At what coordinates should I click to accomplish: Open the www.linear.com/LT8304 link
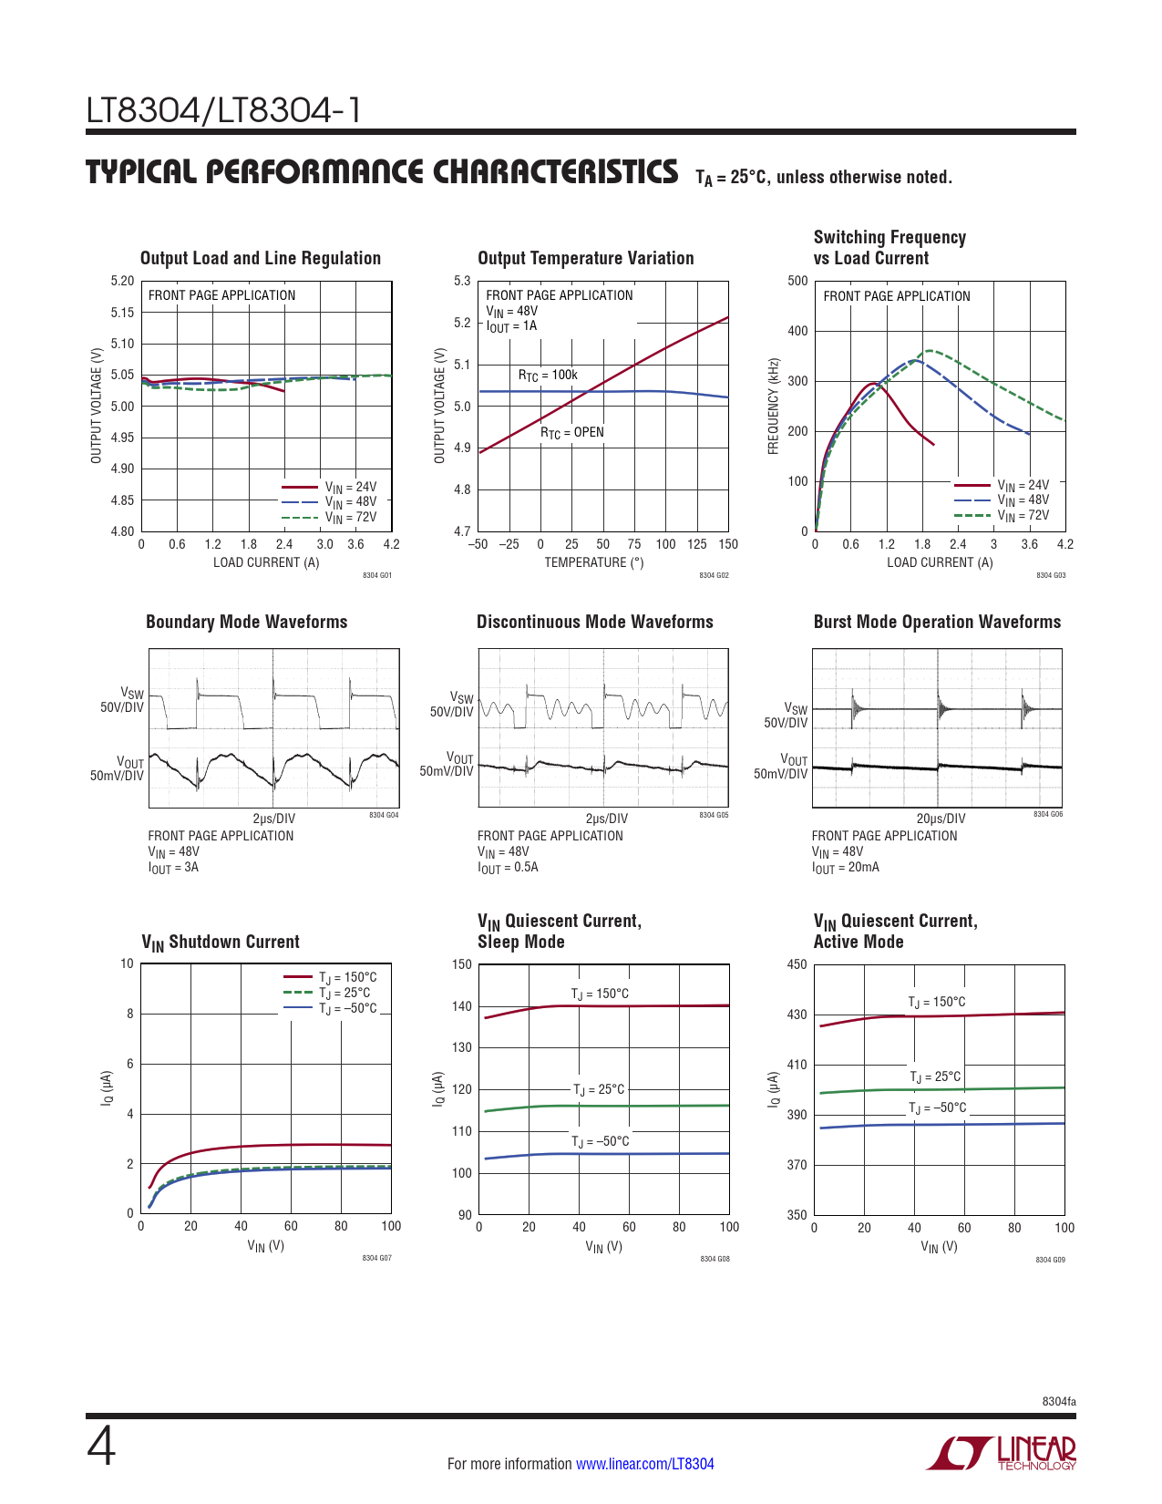[x=644, y=1464]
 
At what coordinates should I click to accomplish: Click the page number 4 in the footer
[x=101, y=1447]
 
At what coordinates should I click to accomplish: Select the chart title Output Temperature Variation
[x=585, y=258]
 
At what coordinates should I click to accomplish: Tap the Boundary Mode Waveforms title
[x=246, y=622]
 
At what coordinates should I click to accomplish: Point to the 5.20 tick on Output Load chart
[x=123, y=281]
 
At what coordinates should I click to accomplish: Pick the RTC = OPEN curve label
[x=572, y=432]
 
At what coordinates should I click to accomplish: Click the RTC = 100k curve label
[x=548, y=375]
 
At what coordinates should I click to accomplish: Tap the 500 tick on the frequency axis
[x=797, y=281]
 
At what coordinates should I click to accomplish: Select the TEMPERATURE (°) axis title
[x=593, y=562]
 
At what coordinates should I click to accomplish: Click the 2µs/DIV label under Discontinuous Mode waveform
[x=606, y=819]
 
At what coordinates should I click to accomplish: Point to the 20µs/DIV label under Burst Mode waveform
[x=941, y=819]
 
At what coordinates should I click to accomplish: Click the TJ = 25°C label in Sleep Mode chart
[x=599, y=1089]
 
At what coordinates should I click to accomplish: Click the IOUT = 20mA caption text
[x=845, y=868]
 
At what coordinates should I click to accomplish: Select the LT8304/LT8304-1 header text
[x=223, y=110]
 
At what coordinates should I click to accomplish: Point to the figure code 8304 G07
[x=376, y=1258]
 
